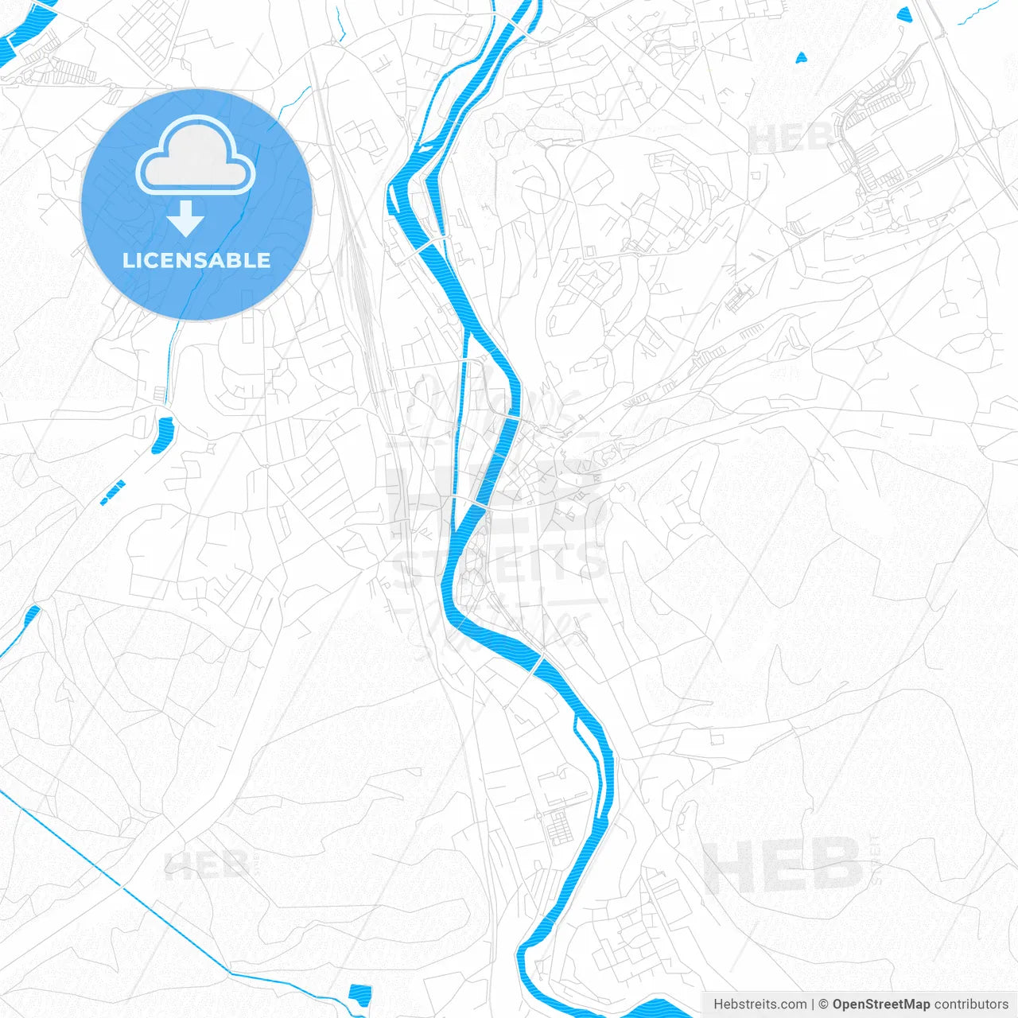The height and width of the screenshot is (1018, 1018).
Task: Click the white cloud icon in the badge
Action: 196,157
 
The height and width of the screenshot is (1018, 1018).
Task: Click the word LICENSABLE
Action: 196,261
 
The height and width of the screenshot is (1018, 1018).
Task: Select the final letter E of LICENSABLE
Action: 263,261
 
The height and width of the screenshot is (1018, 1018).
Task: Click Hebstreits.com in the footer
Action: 760,1004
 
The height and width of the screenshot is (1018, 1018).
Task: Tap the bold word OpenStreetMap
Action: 880,1004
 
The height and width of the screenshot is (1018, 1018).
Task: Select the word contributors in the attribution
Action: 971,1004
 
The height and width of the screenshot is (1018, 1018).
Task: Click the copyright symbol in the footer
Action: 823,1004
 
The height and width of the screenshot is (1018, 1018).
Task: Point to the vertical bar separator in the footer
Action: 812,1004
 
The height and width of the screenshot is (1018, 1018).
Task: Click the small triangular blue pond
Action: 800,57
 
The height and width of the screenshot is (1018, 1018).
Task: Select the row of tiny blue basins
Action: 113,493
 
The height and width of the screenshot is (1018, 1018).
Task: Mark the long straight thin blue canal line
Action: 119,883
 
